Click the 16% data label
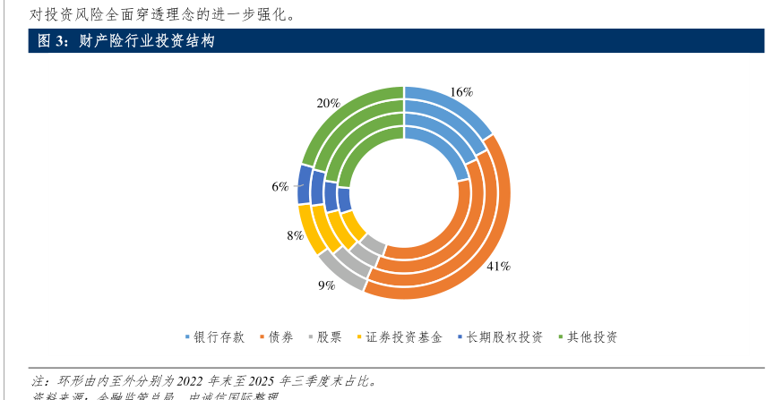(x=461, y=92)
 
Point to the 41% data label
(x=498, y=266)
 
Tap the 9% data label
(x=326, y=285)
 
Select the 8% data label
(x=294, y=236)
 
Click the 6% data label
(x=280, y=186)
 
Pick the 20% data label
(x=328, y=103)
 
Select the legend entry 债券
(x=280, y=337)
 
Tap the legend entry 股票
(x=329, y=337)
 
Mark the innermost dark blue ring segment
(x=331, y=197)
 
